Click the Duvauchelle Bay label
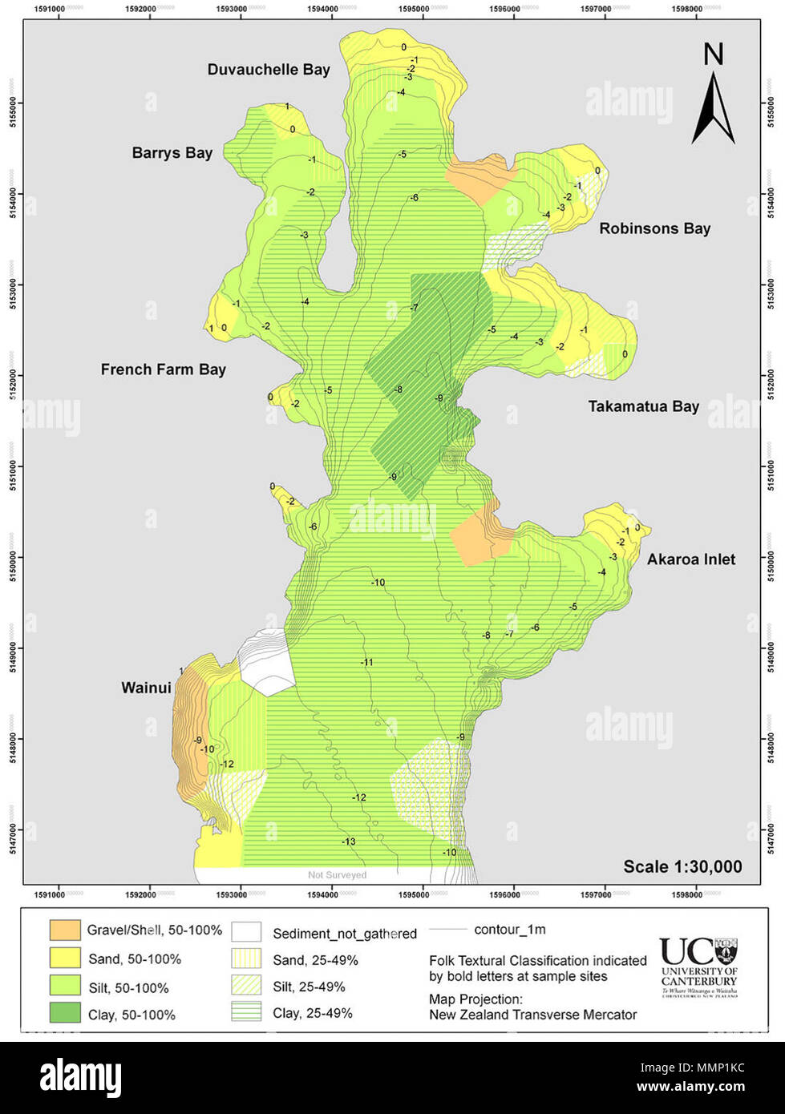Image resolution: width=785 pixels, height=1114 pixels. coord(269,70)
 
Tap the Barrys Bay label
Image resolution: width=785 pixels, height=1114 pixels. coord(172,152)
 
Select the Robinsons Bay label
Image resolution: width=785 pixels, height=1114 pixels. coord(654,228)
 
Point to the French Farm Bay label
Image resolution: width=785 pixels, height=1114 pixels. coord(163,369)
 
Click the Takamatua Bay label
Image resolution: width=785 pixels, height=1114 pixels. coord(643,406)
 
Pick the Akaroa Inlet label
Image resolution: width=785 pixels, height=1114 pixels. coord(690,559)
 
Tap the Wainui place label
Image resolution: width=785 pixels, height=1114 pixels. coord(146,688)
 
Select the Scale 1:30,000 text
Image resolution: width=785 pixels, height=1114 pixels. coord(682,866)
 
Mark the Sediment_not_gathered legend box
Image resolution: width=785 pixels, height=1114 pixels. coord(246,932)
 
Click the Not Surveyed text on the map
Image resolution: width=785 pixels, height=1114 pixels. coord(337,875)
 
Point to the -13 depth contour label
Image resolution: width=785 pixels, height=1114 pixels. coord(348,841)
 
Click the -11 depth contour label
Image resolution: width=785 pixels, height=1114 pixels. coord(366,662)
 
